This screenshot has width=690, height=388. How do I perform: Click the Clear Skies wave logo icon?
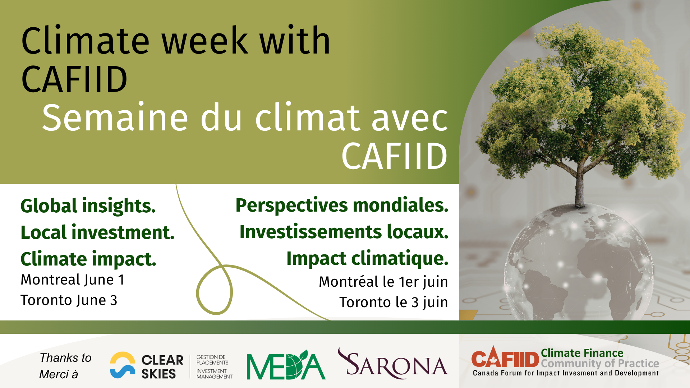[x=123, y=365]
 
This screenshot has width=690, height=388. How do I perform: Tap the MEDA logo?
[x=286, y=365]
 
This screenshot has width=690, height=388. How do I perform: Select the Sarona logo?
[x=393, y=364]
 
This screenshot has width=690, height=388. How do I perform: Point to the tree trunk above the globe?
[x=579, y=187]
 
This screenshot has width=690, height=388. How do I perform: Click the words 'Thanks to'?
[x=65, y=358]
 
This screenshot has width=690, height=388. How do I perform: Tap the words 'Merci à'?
[x=59, y=374]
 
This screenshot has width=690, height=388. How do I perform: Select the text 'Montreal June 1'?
[x=73, y=280]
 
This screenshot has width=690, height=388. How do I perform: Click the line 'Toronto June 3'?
[x=69, y=300]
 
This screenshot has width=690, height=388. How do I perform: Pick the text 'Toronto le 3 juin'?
[x=394, y=302]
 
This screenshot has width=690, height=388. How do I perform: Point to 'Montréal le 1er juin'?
[x=383, y=282]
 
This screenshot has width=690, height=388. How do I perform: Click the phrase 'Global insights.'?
[x=88, y=206]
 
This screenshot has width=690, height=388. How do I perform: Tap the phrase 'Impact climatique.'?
[x=367, y=259]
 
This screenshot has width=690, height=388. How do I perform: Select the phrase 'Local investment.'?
[x=97, y=232]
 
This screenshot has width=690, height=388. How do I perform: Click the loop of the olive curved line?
[x=215, y=290]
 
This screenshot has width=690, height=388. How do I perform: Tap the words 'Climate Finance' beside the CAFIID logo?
[x=582, y=353]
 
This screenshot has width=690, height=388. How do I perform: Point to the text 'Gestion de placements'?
[x=212, y=360]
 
